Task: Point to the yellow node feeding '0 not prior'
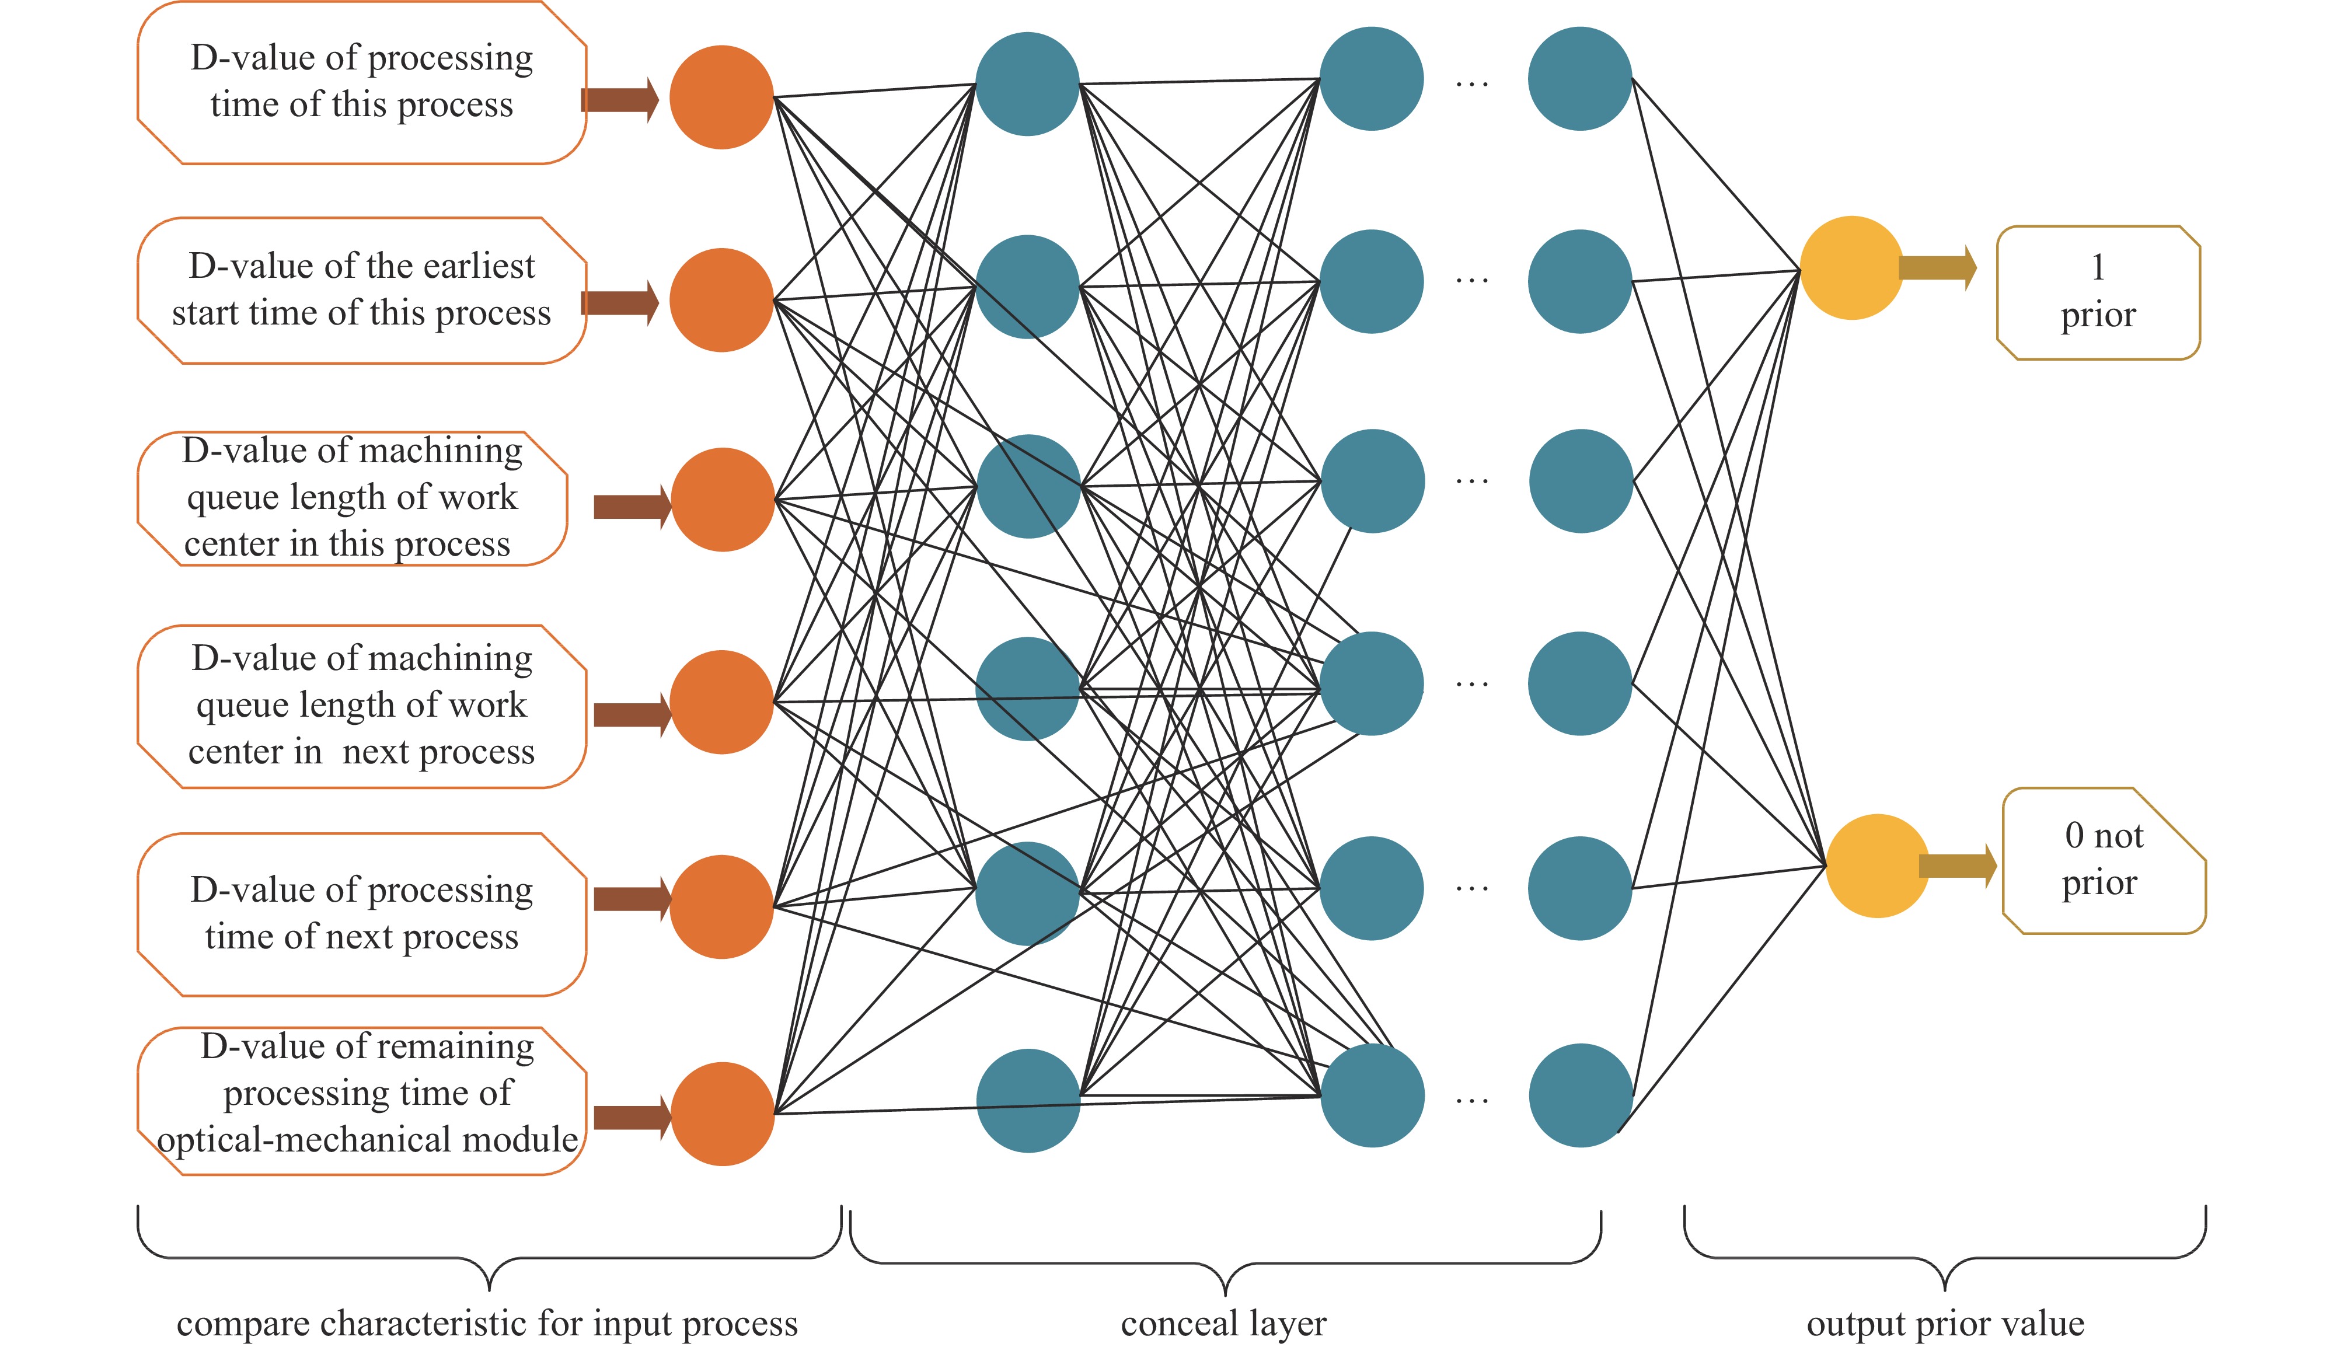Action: pyautogui.click(x=1877, y=866)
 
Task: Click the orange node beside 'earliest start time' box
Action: pyautogui.click(x=721, y=300)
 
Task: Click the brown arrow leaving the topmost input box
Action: pyautogui.click(x=620, y=100)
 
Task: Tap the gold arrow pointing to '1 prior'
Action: pyautogui.click(x=1938, y=268)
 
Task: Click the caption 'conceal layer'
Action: pyautogui.click(x=1224, y=1324)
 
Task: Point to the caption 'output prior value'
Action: pyautogui.click(x=1945, y=1324)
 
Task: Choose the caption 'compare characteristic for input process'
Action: pyautogui.click(x=487, y=1324)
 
